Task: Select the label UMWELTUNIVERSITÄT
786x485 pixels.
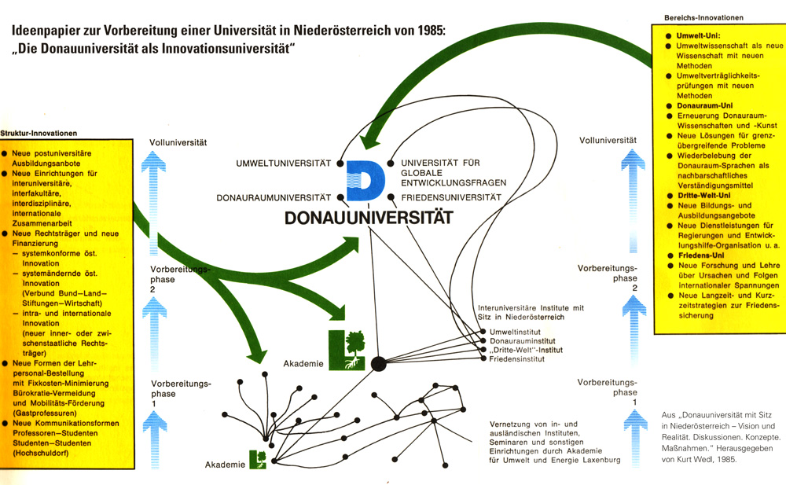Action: (285, 164)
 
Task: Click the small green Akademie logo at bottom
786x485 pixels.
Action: (258, 458)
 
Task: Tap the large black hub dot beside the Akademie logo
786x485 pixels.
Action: (378, 363)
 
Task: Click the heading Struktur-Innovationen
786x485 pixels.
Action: (39, 133)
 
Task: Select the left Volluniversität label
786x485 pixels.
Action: (178, 142)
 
